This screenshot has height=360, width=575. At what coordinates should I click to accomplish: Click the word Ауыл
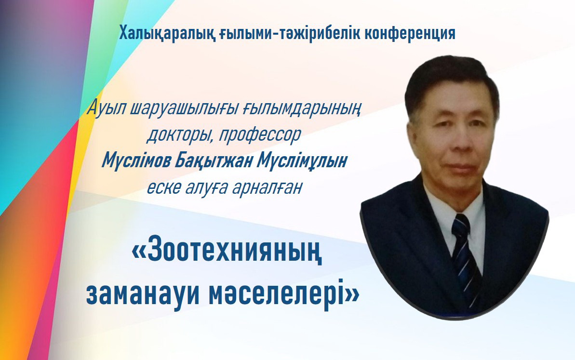pos(107,109)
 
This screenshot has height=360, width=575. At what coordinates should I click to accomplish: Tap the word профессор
pos(260,135)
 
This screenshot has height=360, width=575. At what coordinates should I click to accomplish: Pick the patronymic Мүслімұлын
pos(301,160)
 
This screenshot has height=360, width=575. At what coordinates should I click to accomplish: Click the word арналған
pos(267,187)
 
